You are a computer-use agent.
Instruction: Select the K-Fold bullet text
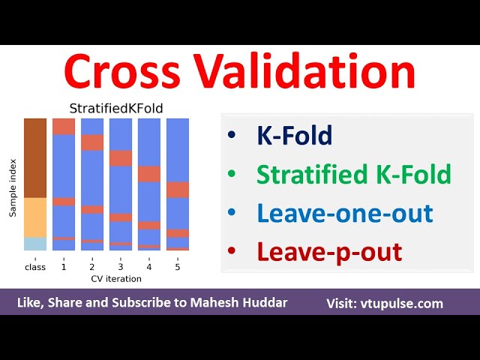(x=294, y=136)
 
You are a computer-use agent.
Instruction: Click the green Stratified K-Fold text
(x=353, y=174)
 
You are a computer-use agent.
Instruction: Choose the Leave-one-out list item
(x=344, y=213)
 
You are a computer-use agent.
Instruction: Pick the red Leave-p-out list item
(x=329, y=252)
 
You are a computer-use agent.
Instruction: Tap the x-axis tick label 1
(x=64, y=266)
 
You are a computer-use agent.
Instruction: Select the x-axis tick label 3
(x=121, y=266)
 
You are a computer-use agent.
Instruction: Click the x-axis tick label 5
(x=178, y=266)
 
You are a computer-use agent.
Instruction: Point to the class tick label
(x=35, y=266)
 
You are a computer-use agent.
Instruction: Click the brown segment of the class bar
(x=35, y=157)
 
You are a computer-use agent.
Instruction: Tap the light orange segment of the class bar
(x=35, y=217)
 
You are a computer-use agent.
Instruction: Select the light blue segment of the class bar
(x=35, y=244)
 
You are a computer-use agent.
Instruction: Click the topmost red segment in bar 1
(x=64, y=126)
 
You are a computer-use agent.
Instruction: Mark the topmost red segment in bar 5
(x=178, y=190)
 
